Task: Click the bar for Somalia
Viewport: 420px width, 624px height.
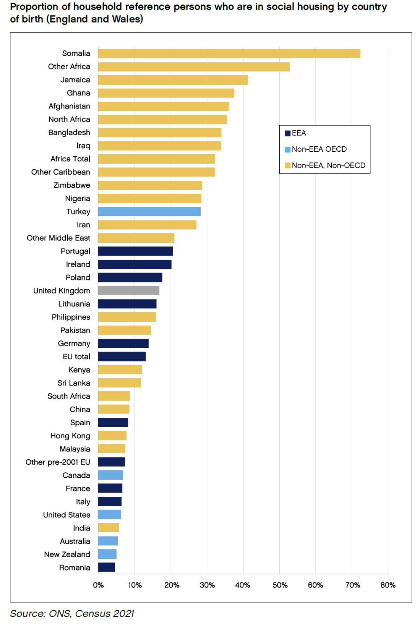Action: point(229,53)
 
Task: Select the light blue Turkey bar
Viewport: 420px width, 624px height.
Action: point(149,212)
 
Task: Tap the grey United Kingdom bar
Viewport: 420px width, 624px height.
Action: point(129,290)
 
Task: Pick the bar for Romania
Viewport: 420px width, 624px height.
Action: point(106,567)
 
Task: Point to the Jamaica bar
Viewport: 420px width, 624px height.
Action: point(173,80)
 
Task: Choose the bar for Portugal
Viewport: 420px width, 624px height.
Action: point(135,251)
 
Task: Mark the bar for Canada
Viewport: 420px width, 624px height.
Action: point(110,475)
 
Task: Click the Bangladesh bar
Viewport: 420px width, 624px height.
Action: point(160,132)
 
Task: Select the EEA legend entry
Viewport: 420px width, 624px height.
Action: point(295,133)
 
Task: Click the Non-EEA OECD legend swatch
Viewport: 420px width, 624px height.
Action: point(288,149)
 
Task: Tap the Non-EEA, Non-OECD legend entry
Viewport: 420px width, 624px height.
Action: point(325,165)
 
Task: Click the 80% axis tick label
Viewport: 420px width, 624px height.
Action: point(388,585)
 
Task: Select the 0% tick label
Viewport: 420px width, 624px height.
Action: point(98,585)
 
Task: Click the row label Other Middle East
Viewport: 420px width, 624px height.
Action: point(59,238)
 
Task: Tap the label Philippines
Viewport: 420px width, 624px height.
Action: point(71,317)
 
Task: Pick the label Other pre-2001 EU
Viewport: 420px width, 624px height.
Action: point(58,462)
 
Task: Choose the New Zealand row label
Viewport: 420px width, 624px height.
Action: point(67,554)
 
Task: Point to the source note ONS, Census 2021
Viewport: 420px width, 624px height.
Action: point(91,614)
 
